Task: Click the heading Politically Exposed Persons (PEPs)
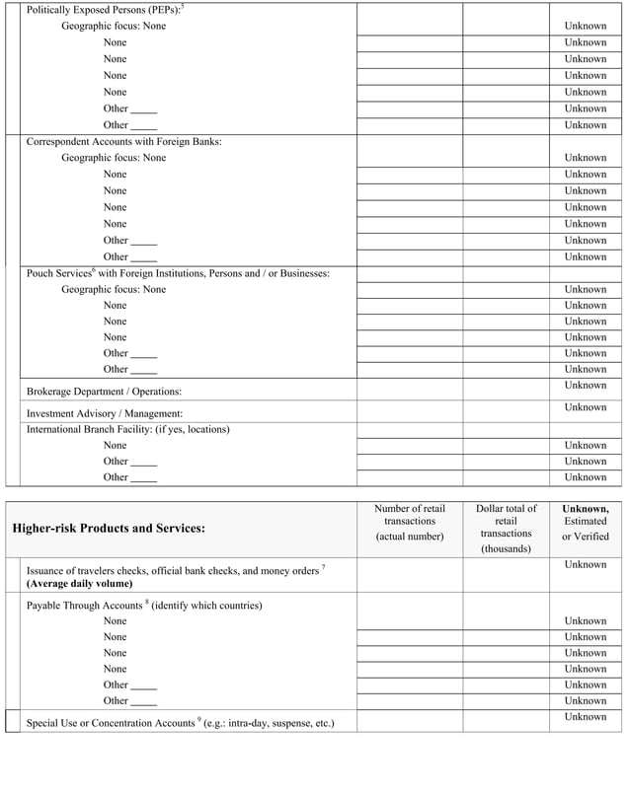[x=102, y=10]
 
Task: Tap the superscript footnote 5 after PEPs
[x=183, y=7]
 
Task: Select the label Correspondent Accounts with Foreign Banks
[x=123, y=141]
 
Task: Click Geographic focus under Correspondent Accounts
[x=114, y=158]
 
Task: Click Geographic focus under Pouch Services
[x=114, y=290]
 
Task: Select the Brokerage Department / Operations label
[x=104, y=392]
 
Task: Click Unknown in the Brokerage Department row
[x=585, y=385]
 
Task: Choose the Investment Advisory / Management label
[x=104, y=413]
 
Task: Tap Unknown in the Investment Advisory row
[x=585, y=407]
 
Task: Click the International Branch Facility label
[x=127, y=429]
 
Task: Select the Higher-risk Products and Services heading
[x=109, y=529]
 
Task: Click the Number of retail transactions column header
[x=410, y=523]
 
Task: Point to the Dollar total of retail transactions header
[x=506, y=529]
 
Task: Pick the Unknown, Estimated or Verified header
[x=586, y=523]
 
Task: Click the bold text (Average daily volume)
[x=79, y=584]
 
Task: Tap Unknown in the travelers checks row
[x=585, y=565]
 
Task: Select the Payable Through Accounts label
[x=144, y=605]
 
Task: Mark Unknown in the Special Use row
[x=585, y=717]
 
